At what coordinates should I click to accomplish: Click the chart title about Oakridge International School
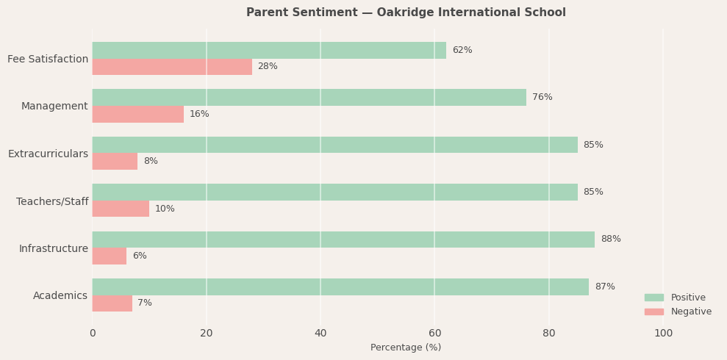tap(406, 12)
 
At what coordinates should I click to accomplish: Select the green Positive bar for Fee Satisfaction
tap(269, 50)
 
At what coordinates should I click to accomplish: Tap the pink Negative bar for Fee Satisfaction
tap(172, 67)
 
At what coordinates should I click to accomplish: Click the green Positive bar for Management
tap(309, 97)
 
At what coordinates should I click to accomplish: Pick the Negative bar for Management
tap(137, 114)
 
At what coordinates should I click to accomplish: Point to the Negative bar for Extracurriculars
tap(115, 161)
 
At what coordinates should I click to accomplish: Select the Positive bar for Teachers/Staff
tap(334, 192)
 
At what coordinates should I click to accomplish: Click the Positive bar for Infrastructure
tap(343, 240)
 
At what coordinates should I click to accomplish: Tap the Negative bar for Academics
tap(112, 303)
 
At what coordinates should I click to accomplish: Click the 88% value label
tap(610, 240)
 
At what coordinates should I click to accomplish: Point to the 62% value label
tap(462, 50)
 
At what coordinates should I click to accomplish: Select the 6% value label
tap(139, 256)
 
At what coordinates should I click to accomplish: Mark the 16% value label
tap(199, 114)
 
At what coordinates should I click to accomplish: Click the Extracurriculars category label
tap(48, 154)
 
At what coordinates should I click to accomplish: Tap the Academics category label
tap(60, 296)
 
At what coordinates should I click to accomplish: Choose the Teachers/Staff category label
tap(52, 201)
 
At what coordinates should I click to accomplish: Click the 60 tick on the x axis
tap(434, 334)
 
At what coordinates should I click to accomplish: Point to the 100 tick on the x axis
tap(663, 334)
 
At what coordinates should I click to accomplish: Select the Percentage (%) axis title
tap(406, 348)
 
